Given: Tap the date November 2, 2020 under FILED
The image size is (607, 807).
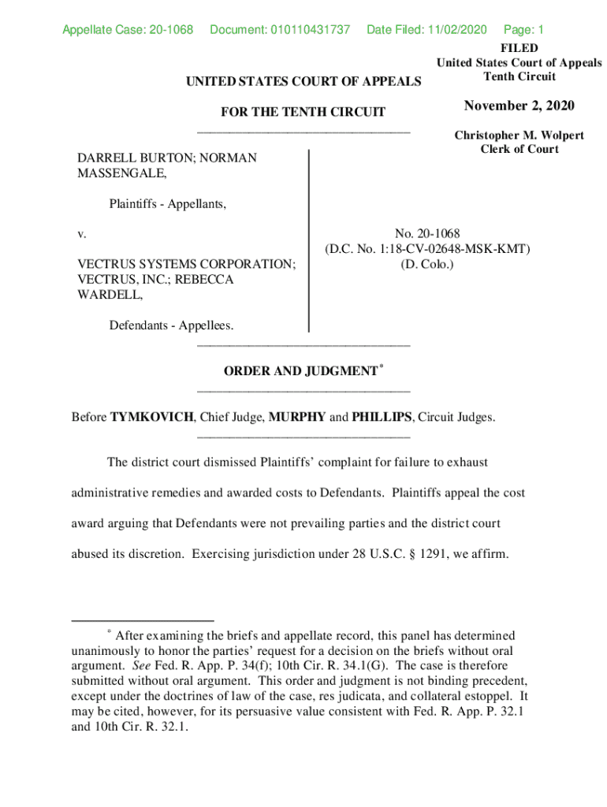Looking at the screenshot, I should tap(519, 106).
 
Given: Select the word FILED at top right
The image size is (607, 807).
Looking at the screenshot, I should tap(519, 49).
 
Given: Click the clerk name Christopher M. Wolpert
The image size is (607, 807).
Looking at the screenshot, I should tap(519, 136).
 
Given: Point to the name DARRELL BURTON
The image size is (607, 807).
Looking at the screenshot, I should tap(133, 158).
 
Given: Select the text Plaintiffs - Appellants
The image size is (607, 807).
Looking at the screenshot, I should tap(168, 205).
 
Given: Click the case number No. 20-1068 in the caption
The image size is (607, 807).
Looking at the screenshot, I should tap(427, 233).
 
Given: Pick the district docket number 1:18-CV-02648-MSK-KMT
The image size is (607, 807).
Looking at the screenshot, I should tap(449, 249).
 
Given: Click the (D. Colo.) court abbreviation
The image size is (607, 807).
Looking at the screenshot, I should tap(427, 264).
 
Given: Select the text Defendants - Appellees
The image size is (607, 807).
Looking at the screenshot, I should tap(171, 325).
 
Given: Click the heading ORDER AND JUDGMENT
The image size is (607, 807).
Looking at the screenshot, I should tap(300, 371).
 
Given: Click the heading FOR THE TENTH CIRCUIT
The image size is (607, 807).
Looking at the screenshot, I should tap(303, 112).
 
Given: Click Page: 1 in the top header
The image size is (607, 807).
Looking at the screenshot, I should tap(523, 30).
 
